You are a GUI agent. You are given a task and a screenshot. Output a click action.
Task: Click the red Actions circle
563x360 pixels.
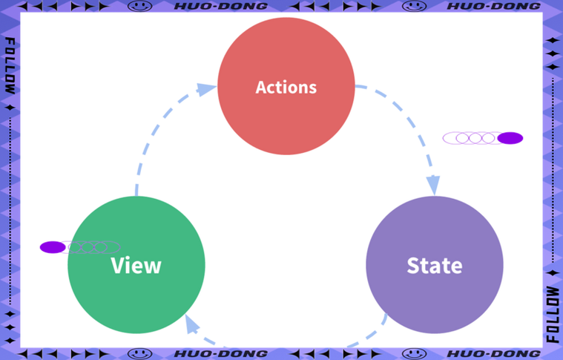[x=286, y=86]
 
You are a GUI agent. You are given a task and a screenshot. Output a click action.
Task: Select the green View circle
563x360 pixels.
[x=136, y=265]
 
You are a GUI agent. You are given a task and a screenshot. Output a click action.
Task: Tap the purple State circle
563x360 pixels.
[x=435, y=265]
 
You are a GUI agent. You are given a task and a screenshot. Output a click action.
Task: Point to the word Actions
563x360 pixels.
[x=286, y=88]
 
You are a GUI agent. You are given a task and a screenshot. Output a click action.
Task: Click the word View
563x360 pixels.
[x=136, y=266]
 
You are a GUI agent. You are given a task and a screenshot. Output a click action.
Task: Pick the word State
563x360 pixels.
[x=435, y=266]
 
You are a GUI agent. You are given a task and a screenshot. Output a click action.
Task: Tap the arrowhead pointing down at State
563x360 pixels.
[x=433, y=186]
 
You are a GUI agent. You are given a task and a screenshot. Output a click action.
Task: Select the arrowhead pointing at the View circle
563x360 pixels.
[x=192, y=324]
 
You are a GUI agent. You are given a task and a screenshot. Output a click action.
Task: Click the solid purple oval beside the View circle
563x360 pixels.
[x=53, y=247]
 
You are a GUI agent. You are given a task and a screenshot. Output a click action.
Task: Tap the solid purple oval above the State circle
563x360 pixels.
[x=510, y=138]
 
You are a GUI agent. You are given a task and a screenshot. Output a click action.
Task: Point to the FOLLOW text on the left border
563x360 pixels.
[x=10, y=66]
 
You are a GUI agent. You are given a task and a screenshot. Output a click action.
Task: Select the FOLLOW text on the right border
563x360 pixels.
[x=553, y=314]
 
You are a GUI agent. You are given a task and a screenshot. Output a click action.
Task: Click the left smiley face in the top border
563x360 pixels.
[x=140, y=6]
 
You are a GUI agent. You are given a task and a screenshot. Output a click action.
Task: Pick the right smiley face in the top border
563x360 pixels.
[x=414, y=6]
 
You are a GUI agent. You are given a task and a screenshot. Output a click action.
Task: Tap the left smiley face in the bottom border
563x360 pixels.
[x=140, y=354]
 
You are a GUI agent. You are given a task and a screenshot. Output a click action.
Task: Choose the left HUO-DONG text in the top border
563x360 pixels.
[x=221, y=6]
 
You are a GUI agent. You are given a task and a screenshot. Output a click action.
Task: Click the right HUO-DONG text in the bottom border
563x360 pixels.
[x=494, y=354]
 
